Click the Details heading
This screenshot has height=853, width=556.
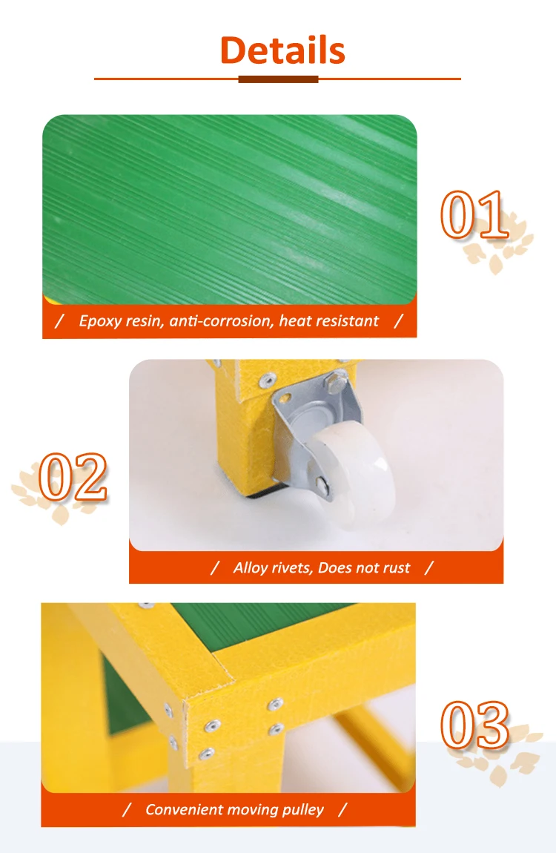(x=282, y=50)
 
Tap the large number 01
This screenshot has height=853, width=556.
(x=475, y=215)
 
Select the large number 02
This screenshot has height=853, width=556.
(x=73, y=476)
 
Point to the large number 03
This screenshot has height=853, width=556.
(x=475, y=725)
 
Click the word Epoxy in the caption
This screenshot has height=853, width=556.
(x=99, y=321)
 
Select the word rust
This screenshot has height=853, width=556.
(x=396, y=567)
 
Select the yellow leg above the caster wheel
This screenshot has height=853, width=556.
(x=241, y=430)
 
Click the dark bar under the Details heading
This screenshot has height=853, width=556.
(x=278, y=79)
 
